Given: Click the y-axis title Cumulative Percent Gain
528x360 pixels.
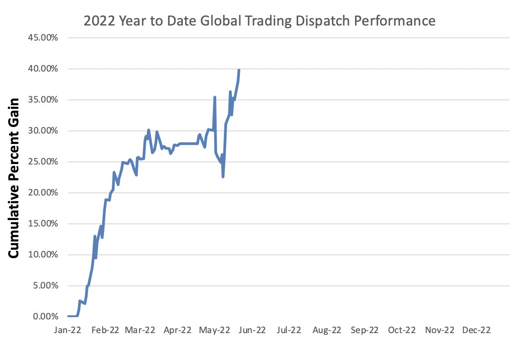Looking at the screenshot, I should [14, 178].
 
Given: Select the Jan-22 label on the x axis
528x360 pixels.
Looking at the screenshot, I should [67, 330].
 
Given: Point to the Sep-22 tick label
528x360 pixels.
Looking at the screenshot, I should [364, 330].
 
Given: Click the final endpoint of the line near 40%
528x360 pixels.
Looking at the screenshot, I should [239, 70].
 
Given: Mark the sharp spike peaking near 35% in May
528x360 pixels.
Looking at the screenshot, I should [214, 98].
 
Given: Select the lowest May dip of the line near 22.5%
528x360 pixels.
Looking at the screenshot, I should [223, 176].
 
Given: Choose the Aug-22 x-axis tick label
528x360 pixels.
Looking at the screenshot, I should [327, 330].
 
